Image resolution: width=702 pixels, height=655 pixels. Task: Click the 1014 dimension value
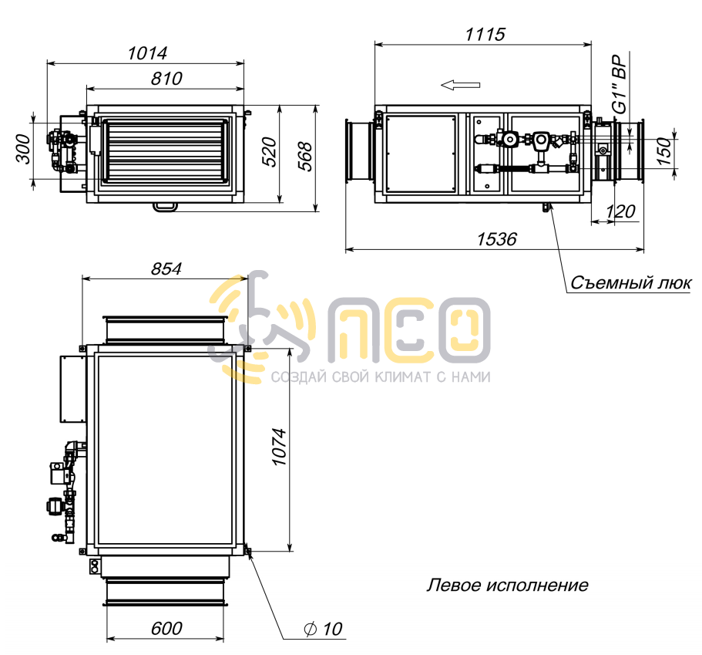pos(147,53)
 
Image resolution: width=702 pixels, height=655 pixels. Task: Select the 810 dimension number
pos(166,79)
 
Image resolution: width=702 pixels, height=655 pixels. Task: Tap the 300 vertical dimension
pos(24,149)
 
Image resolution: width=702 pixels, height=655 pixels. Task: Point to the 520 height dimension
pos(269,153)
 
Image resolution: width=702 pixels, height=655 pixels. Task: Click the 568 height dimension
pos(305,156)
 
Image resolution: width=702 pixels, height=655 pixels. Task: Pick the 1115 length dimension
pos(485,34)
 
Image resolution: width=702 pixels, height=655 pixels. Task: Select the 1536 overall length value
pos(496,239)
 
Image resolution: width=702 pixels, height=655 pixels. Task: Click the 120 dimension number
pos(620,211)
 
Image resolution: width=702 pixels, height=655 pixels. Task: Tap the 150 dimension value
pos(665,151)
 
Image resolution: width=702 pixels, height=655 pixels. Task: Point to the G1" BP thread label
pos(620,84)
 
